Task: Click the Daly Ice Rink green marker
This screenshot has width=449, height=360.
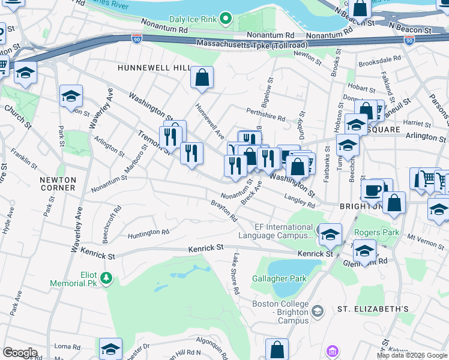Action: point(225,19)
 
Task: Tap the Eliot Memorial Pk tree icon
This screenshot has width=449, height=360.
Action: point(106,277)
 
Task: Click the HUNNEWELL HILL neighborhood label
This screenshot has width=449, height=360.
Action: point(153,68)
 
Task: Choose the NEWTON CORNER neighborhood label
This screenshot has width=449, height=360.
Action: point(58,184)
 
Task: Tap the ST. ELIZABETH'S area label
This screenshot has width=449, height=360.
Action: point(372,309)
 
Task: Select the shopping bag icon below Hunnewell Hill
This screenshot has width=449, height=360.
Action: point(202,77)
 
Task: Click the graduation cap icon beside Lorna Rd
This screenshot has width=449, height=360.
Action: point(110,349)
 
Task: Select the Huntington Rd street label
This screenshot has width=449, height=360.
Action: point(144,232)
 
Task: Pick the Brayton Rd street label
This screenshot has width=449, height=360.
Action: point(224,212)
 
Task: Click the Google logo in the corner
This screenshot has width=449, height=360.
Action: point(19,353)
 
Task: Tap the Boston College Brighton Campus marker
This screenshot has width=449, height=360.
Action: point(318,310)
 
